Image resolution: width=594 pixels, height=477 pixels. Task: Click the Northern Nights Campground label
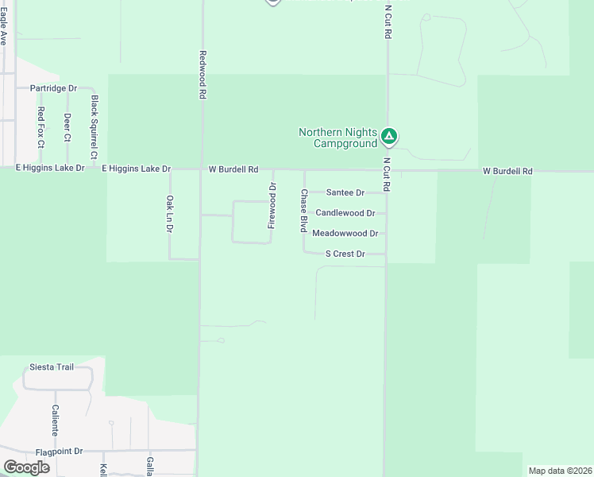click(337, 138)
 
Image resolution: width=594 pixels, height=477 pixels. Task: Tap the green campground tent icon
click(388, 138)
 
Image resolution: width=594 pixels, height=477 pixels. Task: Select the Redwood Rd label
click(203, 75)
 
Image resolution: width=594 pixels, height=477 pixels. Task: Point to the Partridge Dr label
click(53, 88)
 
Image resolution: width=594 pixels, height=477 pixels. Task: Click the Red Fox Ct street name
click(40, 127)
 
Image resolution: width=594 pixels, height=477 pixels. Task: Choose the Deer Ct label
click(67, 127)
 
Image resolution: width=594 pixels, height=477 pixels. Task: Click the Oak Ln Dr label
click(169, 215)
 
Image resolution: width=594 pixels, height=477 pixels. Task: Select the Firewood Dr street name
click(272, 206)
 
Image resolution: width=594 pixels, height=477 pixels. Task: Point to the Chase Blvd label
click(303, 210)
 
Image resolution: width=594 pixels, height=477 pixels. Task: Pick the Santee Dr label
click(345, 192)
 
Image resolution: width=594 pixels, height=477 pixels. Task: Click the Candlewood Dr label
click(345, 213)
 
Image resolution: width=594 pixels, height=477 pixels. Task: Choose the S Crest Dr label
click(345, 254)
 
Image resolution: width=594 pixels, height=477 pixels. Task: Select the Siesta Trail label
click(51, 366)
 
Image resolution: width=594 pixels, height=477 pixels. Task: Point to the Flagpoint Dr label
click(53, 451)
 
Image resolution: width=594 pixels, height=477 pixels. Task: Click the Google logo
click(26, 467)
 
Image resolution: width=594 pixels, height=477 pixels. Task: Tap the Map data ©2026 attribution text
click(560, 471)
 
